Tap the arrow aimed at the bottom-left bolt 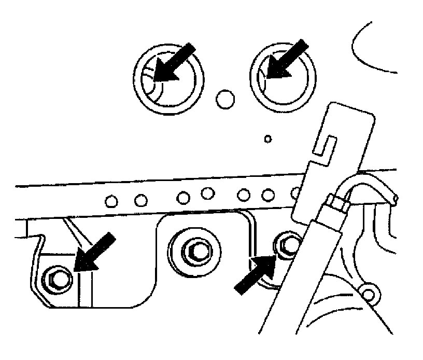93,253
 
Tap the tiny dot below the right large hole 267,139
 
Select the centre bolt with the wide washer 194,252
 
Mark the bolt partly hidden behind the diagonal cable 287,243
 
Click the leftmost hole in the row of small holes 110,200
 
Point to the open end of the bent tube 396,199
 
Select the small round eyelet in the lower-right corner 369,294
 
